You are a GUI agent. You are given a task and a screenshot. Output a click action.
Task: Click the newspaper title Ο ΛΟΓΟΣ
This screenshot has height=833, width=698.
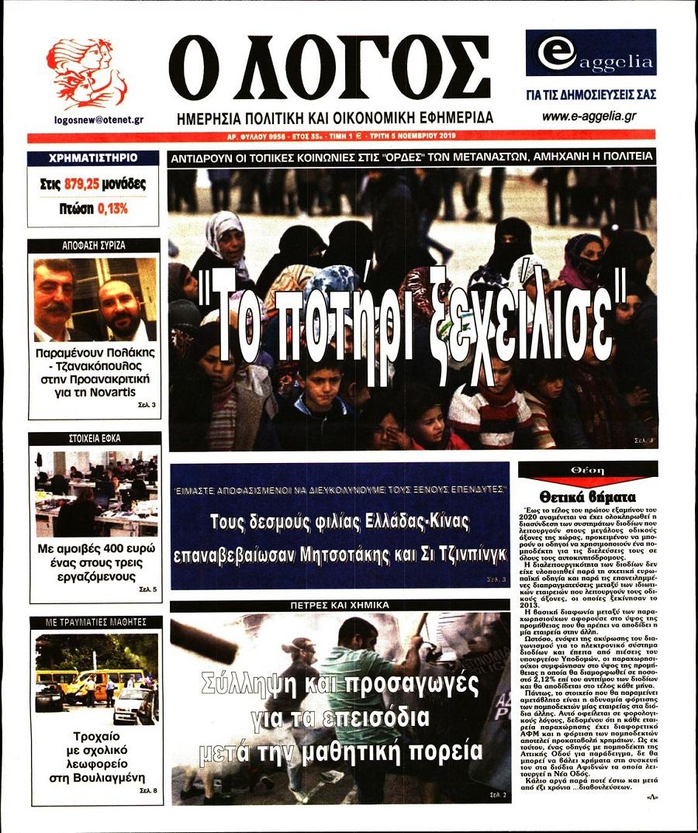pos(329,68)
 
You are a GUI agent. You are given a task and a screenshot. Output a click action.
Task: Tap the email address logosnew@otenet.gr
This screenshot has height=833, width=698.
pos(98,120)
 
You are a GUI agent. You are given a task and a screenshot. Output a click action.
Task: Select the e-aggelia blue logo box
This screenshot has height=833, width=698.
pos(590,53)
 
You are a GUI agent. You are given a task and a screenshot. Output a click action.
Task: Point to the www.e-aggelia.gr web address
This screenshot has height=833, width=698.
pos(589,116)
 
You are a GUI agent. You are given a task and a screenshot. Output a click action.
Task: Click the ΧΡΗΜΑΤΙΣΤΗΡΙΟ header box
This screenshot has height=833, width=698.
pos(92,157)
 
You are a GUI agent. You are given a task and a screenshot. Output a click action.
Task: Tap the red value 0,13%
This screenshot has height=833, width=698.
pos(113,209)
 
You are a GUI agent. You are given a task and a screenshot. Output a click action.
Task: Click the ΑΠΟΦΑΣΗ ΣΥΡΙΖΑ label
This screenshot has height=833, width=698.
pos(93,245)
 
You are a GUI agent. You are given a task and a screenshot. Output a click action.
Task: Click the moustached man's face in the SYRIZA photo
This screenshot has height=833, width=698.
pos(54,295)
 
